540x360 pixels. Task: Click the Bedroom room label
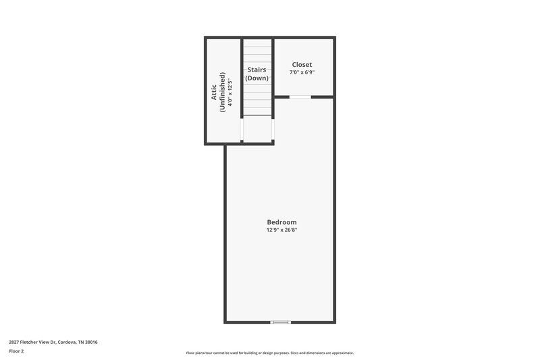[281, 222]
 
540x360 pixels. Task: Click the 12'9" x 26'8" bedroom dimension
[281, 230]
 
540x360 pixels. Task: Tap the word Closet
[302, 65]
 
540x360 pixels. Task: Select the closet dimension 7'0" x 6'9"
[302, 72]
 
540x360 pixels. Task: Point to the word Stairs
[256, 70]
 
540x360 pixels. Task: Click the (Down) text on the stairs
[256, 78]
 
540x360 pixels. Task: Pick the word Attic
[214, 92]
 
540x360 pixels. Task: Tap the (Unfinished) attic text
[222, 92]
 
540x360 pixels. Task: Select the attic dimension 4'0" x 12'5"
[230, 92]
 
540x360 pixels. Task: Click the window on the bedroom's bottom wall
[280, 322]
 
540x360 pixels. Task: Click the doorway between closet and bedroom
[300, 97]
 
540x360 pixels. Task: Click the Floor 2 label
[16, 351]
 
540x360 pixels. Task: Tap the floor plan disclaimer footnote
[270, 353]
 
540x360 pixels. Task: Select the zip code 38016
[91, 342]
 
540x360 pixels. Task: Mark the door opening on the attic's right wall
[242, 130]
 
